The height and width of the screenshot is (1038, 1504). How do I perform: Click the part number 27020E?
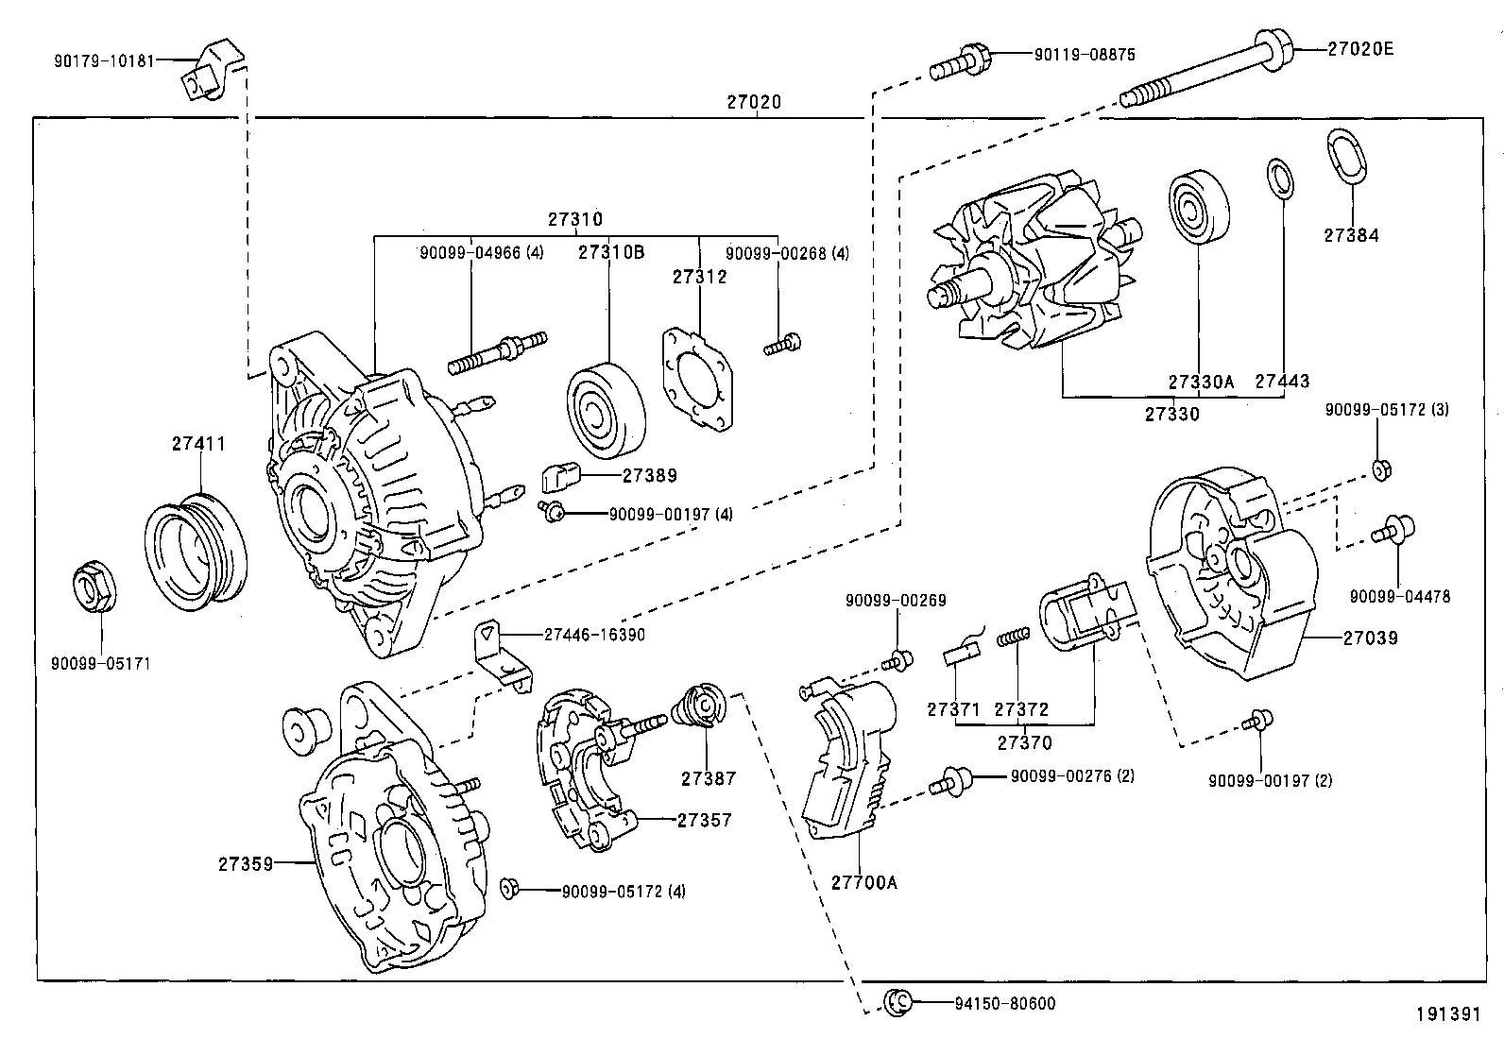click(x=1360, y=49)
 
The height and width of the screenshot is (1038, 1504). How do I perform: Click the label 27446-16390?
click(x=594, y=635)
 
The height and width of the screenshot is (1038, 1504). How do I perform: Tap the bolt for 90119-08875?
click(x=959, y=62)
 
